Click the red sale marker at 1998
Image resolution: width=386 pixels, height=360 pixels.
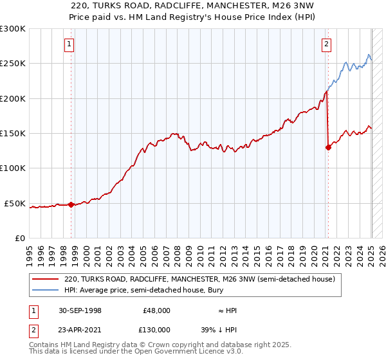tap(71, 204)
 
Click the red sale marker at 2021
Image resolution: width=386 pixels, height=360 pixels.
tap(328, 147)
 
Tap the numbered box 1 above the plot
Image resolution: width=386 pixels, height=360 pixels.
tap(68, 44)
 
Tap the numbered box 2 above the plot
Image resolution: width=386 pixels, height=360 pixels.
tap(326, 44)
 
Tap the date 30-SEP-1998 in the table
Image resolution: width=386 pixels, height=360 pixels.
tap(80, 310)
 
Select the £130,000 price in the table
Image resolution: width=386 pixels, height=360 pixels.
tap(156, 330)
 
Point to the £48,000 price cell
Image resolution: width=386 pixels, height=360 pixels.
tap(156, 310)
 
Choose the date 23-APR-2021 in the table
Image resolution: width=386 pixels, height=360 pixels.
tap(80, 330)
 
